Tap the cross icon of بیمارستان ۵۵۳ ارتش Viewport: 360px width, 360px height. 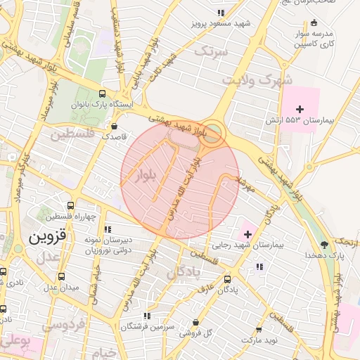[x=300, y=109]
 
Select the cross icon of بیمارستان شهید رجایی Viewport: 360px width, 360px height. [x=247, y=233]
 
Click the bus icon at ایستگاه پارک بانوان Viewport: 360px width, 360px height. [x=103, y=93]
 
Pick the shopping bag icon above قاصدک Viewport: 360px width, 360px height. [x=115, y=127]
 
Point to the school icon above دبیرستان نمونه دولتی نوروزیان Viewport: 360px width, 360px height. [x=108, y=229]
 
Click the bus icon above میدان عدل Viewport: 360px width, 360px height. [x=61, y=276]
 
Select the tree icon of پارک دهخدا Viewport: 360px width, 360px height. [x=324, y=245]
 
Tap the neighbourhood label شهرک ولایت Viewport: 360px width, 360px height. [x=256, y=80]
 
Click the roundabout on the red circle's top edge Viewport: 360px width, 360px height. [x=212, y=131]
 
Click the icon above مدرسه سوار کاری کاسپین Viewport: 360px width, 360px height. [x=313, y=22]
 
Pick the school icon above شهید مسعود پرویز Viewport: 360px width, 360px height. [x=221, y=13]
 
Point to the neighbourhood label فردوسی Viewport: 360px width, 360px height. [x=63, y=325]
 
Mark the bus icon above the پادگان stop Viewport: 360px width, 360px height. [x=226, y=278]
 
